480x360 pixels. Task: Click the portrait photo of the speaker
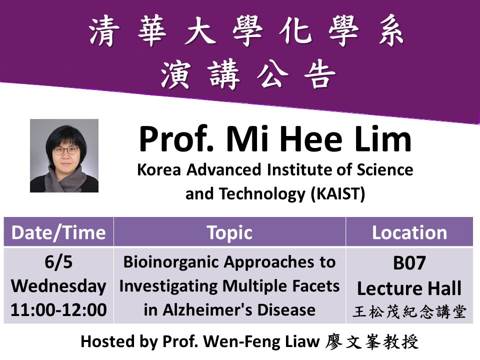pyautogui.click(x=64, y=155)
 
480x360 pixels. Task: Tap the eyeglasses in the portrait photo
pyautogui.click(x=65, y=149)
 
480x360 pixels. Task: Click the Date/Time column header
pyautogui.click(x=58, y=232)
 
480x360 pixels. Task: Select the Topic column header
pyautogui.click(x=229, y=232)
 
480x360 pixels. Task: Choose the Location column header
pyautogui.click(x=409, y=232)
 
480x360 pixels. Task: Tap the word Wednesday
pyautogui.click(x=58, y=286)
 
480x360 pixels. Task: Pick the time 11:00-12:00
pyautogui.click(x=58, y=310)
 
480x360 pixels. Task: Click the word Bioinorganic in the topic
pyautogui.click(x=165, y=262)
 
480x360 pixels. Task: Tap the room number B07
pyautogui.click(x=409, y=263)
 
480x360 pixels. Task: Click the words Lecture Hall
pyautogui.click(x=409, y=288)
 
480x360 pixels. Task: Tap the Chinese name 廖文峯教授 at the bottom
pyautogui.click(x=372, y=341)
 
